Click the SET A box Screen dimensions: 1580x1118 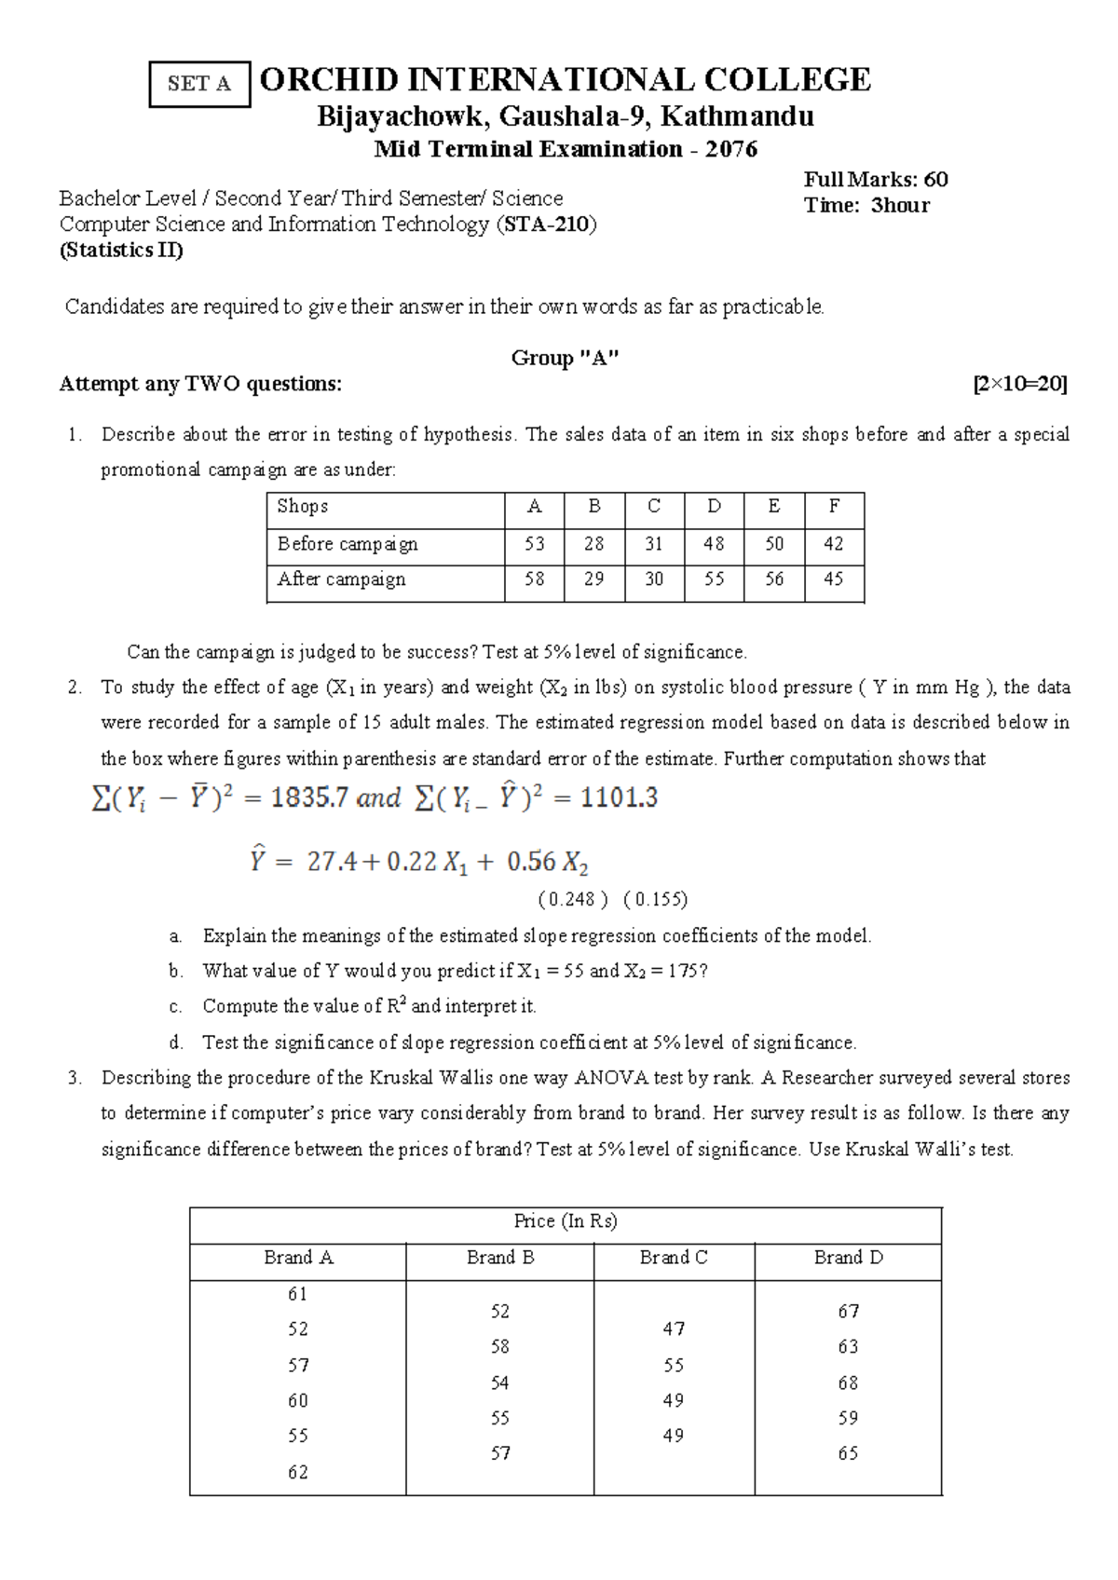pos(199,84)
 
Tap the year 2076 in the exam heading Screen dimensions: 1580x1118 pos(730,149)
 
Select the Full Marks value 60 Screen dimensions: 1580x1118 pos(935,180)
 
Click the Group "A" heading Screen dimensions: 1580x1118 pos(565,358)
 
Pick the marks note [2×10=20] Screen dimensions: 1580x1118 pos(1019,384)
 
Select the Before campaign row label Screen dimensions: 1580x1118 pos(348,544)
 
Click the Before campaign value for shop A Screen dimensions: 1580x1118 pos(534,544)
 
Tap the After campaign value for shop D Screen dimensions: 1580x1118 pos(714,579)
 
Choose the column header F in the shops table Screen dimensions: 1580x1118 pos(834,507)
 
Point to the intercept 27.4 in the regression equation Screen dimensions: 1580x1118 pos(332,862)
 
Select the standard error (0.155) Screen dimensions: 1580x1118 pos(655,899)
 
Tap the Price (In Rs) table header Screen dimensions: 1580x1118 pos(566,1221)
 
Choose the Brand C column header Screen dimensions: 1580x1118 pos(674,1258)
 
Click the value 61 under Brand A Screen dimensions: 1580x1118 pos(297,1294)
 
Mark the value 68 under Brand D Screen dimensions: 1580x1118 pos(848,1382)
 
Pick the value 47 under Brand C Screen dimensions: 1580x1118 pos(674,1329)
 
